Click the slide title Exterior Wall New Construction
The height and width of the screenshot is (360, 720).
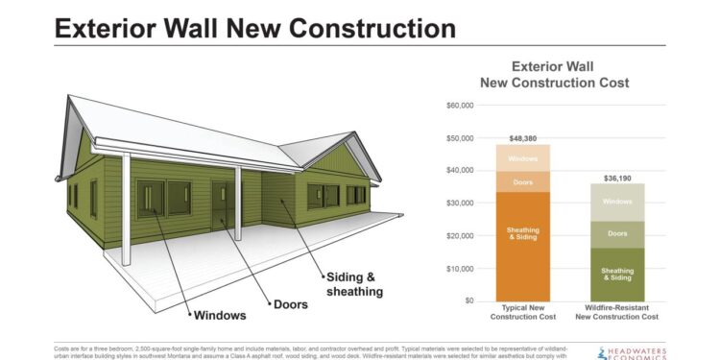pos(254,27)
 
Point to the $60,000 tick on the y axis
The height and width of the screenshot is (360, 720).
pos(460,106)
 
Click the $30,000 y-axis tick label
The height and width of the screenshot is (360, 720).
pos(460,204)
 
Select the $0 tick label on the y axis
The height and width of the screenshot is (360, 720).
pos(468,300)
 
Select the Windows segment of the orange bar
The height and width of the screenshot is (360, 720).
pos(523,158)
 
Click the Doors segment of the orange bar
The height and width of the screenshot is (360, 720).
pos(523,181)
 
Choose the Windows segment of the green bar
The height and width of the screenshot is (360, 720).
pos(617,202)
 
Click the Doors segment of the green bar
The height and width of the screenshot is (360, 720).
pos(617,233)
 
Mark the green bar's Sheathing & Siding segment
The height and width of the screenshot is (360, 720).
pos(617,275)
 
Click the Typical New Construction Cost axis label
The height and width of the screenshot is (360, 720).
pos(523,312)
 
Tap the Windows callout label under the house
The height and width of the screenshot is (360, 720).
pos(220,315)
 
